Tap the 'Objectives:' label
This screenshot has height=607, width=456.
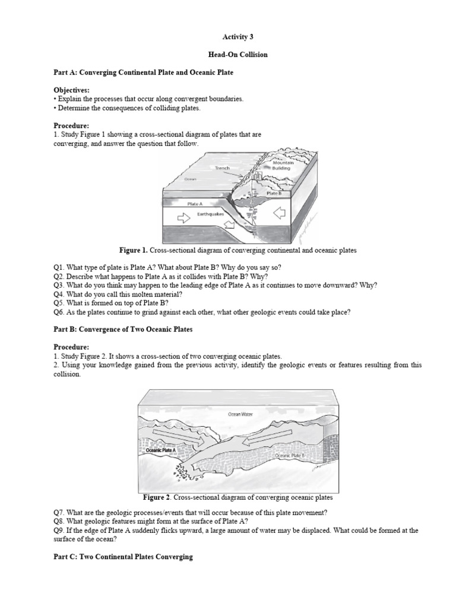coord(71,90)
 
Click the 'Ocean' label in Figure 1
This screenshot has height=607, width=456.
coord(190,178)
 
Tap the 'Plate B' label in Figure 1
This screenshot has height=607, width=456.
coord(274,193)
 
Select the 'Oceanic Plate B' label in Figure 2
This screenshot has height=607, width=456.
coord(289,455)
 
